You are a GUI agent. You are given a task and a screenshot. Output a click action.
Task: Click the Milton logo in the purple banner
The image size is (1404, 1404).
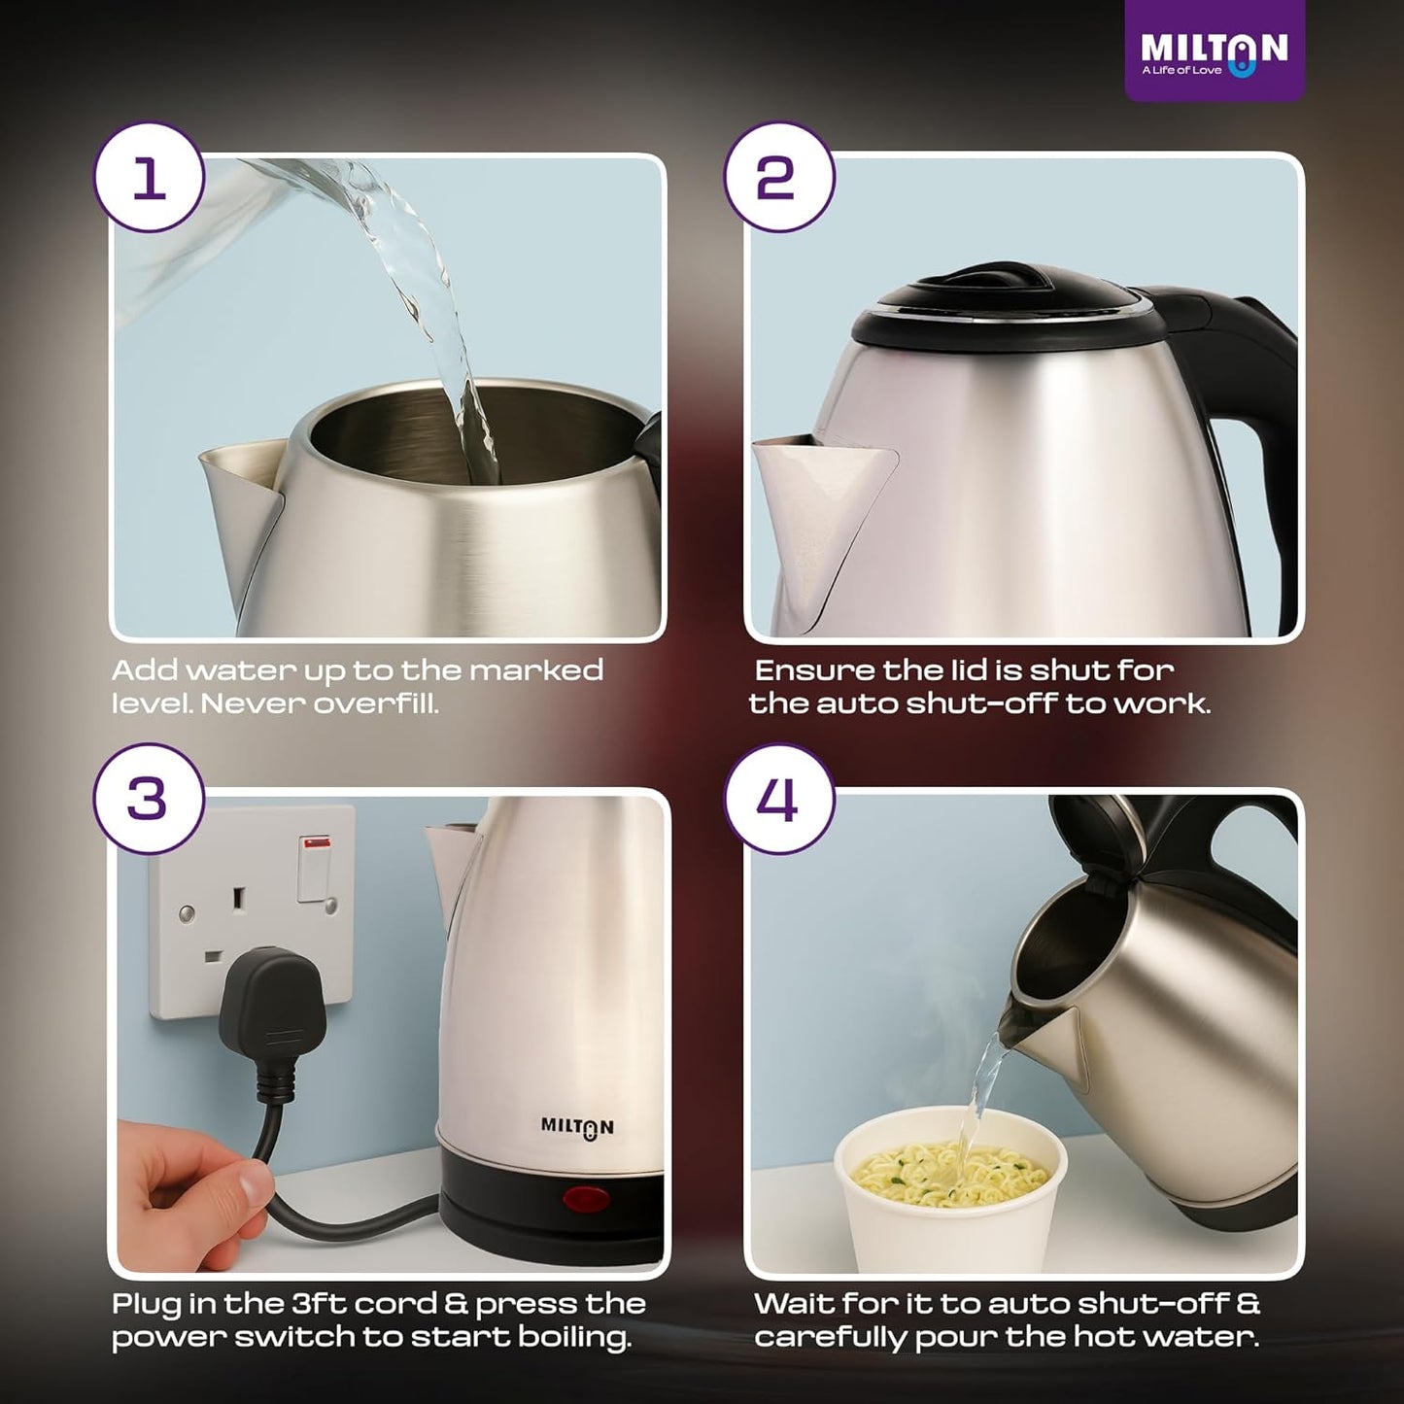[1214, 52]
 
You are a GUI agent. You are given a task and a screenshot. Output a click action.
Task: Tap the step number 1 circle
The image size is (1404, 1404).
[149, 177]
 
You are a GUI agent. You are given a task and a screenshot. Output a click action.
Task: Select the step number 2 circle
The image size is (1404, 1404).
[777, 177]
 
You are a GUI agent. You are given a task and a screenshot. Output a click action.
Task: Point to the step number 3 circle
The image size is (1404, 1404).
[149, 799]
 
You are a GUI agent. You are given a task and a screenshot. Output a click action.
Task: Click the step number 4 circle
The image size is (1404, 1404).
[777, 799]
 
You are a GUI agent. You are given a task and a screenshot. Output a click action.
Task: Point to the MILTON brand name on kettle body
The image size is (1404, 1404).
[577, 1127]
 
